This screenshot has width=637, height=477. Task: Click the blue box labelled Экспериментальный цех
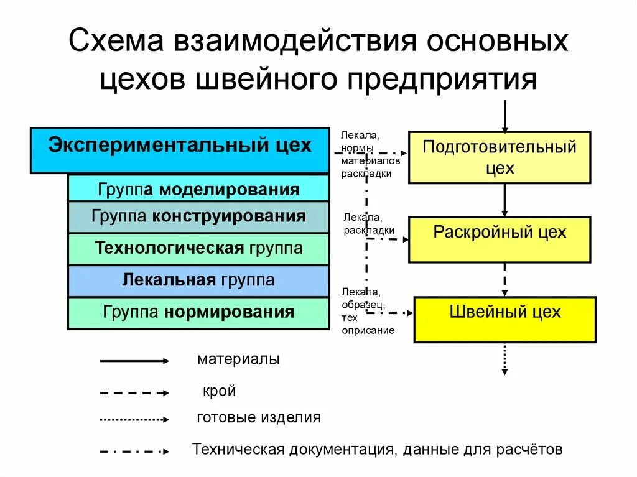(x=180, y=150)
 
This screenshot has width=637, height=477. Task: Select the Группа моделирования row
(x=198, y=188)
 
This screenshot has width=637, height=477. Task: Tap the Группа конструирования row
(x=198, y=217)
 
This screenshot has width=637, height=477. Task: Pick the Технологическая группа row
(x=198, y=249)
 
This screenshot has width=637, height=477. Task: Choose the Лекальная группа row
(x=198, y=280)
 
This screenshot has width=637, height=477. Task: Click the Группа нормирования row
(x=198, y=312)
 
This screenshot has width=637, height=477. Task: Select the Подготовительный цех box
(x=500, y=157)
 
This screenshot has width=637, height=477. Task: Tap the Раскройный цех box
(x=500, y=239)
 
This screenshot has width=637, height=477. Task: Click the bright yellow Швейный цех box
(x=504, y=320)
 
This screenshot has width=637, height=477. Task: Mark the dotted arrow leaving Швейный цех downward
(x=504, y=359)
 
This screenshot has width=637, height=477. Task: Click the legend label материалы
(x=238, y=359)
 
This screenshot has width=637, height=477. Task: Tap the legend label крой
(x=219, y=392)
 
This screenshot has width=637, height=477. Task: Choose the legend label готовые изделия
(x=259, y=417)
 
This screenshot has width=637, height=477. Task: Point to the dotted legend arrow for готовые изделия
(x=134, y=419)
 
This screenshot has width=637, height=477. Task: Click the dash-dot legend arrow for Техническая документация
(x=134, y=451)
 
